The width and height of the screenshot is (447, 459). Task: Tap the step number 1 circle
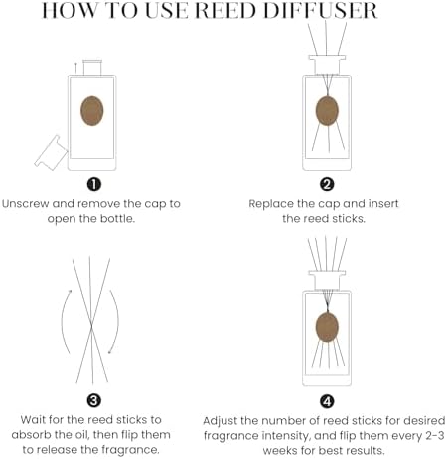92,184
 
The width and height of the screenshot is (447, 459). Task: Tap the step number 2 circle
327,184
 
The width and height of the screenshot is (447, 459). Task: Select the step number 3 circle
92,400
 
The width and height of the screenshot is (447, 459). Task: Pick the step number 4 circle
327,400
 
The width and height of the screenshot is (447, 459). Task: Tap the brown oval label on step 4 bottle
327,325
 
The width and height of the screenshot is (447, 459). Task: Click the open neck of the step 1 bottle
92,65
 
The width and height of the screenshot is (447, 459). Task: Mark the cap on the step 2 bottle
327,65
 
